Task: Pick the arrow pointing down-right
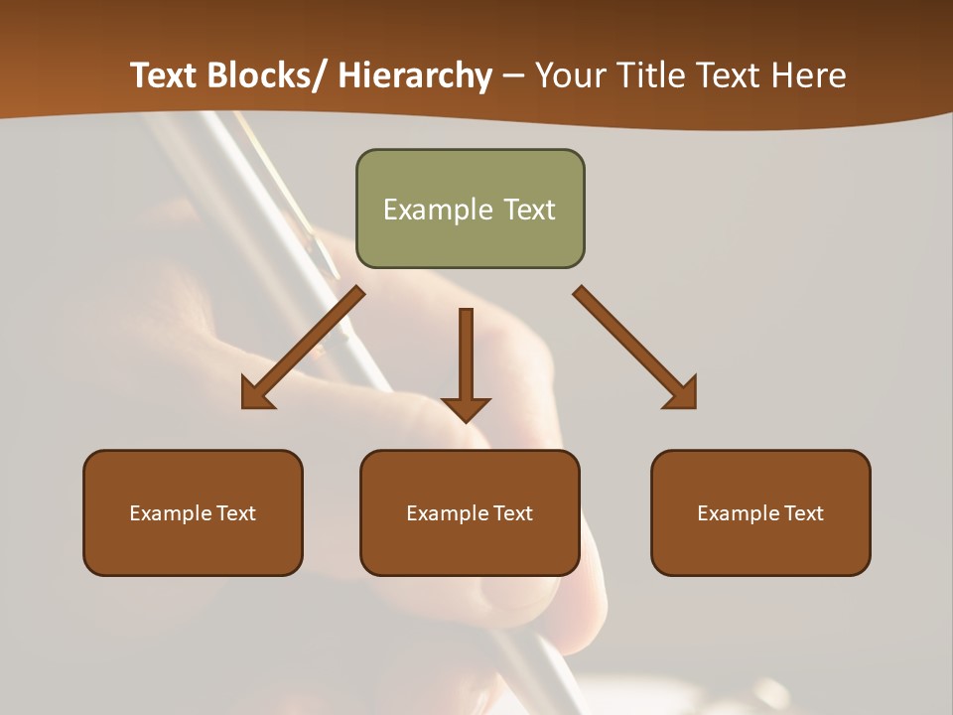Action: pos(630,343)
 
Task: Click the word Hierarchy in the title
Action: pos(415,75)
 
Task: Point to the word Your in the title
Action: pos(569,75)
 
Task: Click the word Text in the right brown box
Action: pos(805,513)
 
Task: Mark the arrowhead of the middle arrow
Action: pos(466,408)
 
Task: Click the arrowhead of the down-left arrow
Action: pos(254,395)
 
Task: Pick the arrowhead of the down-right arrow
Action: pos(683,395)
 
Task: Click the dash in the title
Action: pos(513,76)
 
